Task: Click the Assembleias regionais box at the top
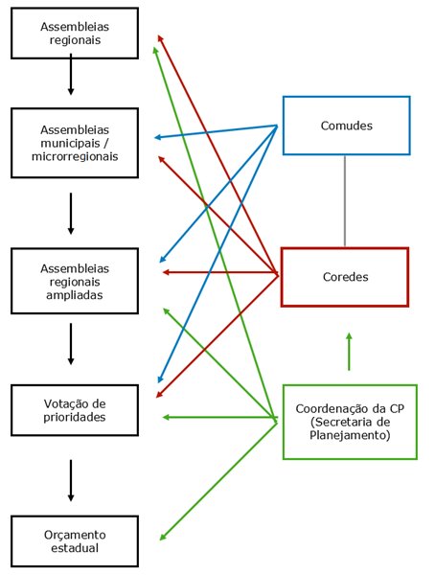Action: [x=70, y=34]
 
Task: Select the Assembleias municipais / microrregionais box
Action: [x=70, y=143]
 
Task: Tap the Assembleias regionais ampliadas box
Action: [x=70, y=282]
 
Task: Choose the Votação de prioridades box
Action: [x=70, y=409]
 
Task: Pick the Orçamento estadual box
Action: [x=70, y=540]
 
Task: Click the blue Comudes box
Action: [x=346, y=126]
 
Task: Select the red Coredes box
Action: [x=345, y=277]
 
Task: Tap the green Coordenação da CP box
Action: [x=350, y=422]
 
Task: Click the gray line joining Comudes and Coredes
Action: [x=345, y=200]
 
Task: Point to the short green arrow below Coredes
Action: [x=349, y=351]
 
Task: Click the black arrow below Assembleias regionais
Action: [x=70, y=76]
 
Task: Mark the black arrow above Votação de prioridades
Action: [x=70, y=343]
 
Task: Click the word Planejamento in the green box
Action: [x=351, y=435]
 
